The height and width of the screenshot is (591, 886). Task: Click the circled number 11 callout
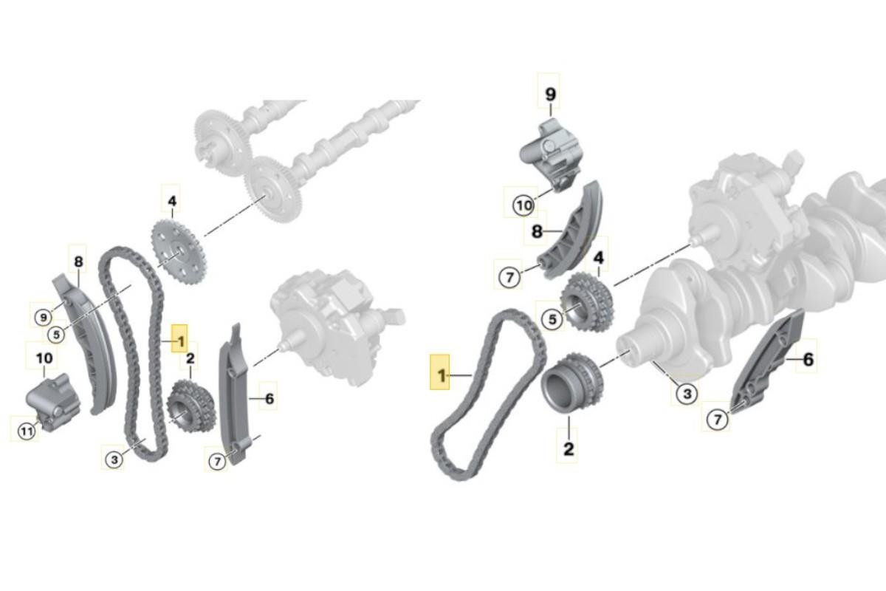[27, 431]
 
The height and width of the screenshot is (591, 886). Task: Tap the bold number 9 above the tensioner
[550, 95]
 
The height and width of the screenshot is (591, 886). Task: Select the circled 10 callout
[523, 206]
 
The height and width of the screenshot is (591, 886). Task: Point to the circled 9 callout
[44, 317]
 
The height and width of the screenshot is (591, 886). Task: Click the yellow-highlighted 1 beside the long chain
[179, 341]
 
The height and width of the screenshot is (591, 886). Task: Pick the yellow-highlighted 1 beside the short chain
[440, 375]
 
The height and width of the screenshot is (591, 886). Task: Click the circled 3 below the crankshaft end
[687, 394]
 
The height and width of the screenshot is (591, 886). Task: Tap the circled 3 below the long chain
[114, 460]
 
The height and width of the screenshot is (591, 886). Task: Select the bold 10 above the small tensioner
[44, 358]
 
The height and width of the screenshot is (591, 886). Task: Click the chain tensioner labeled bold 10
[53, 403]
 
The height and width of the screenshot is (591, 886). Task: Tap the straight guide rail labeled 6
[233, 394]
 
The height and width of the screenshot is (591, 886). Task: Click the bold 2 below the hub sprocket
[569, 448]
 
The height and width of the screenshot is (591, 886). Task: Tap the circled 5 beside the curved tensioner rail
[56, 335]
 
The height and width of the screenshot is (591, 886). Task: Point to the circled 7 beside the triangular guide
[718, 419]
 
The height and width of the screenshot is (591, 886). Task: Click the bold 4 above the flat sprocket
[172, 201]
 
